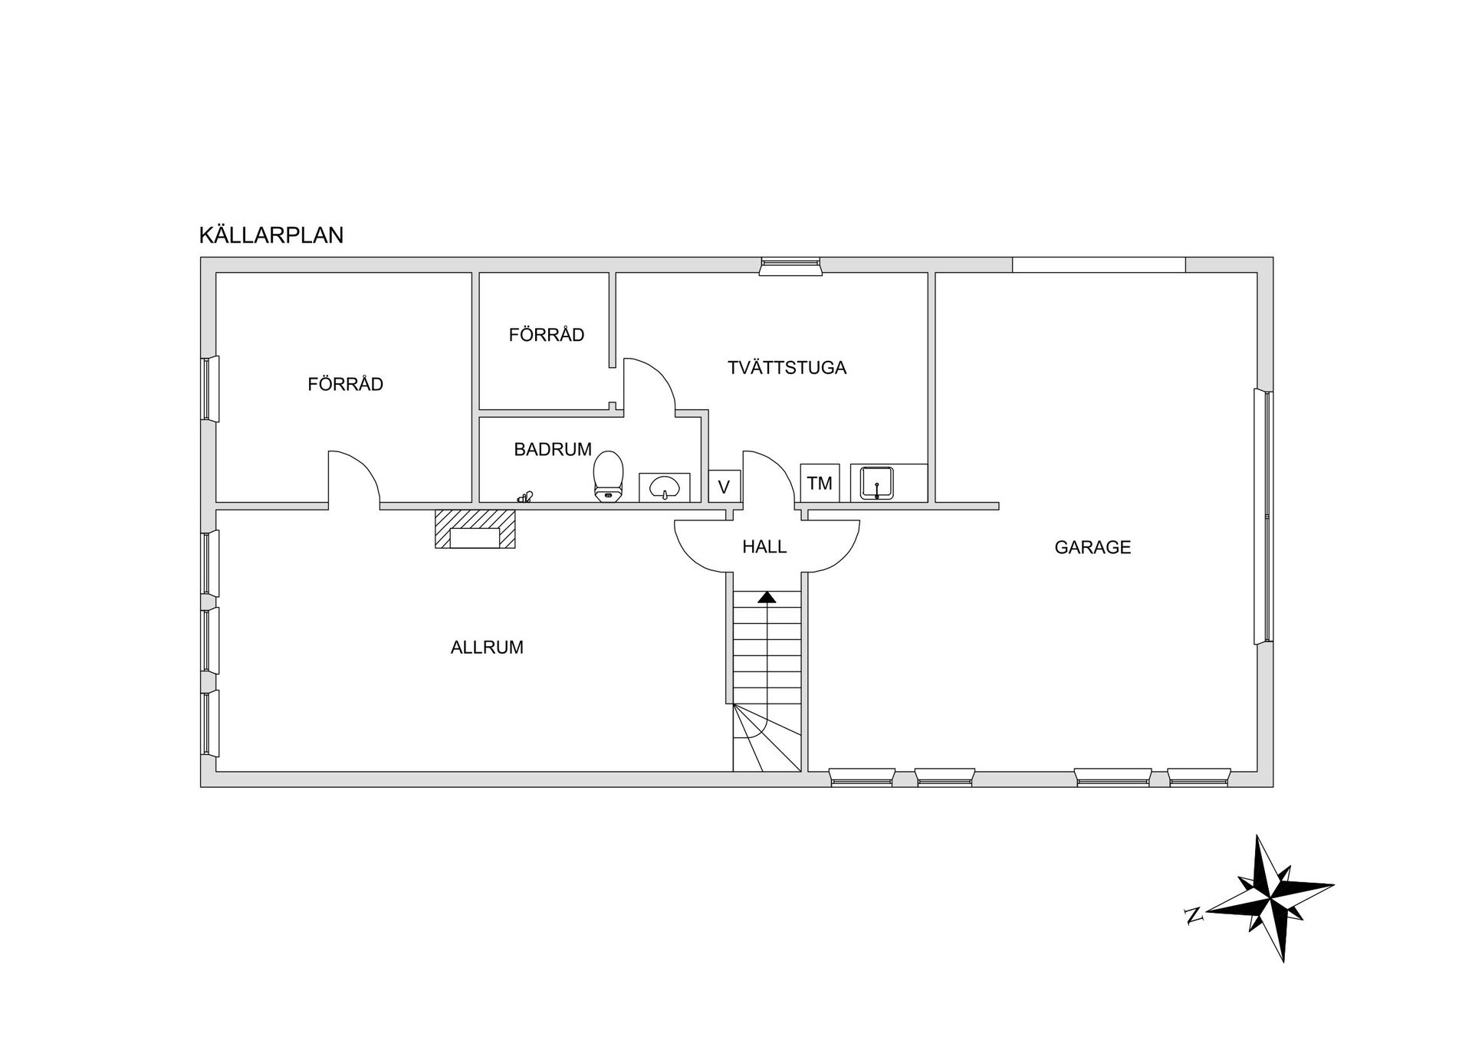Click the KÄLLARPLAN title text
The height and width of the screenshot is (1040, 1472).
point(271,235)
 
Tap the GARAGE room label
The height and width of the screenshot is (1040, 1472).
point(1092,547)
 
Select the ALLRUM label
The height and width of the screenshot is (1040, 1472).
point(487,647)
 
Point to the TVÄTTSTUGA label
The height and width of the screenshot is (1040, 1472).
point(787,367)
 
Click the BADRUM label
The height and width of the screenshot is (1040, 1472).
point(553,449)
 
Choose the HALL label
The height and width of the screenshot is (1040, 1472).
point(764,546)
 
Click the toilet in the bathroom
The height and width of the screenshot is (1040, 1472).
point(609,476)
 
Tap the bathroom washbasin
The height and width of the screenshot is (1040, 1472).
point(664,487)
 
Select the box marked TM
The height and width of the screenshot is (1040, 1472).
point(820,483)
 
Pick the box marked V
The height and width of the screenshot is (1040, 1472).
point(724,486)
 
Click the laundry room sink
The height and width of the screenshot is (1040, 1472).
point(877,483)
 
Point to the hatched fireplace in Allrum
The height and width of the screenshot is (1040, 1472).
point(475,529)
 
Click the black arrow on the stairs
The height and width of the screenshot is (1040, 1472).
point(767,597)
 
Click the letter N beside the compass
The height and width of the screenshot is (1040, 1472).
point(1193,915)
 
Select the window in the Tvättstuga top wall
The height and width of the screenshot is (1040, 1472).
point(790,266)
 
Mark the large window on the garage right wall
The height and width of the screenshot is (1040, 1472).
point(1263,517)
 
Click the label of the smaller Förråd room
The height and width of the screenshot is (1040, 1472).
point(547,334)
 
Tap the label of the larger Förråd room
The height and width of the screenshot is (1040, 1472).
point(345,383)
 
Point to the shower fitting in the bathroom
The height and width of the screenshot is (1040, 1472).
point(525,497)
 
